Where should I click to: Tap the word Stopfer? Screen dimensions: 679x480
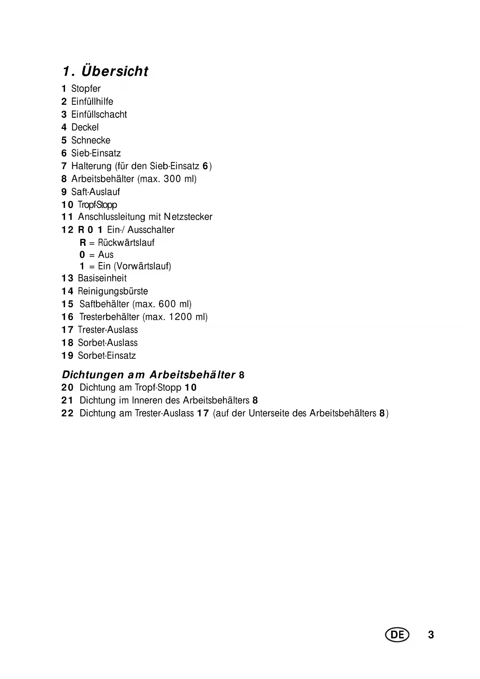[86, 89]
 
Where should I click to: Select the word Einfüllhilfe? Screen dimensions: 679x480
[92, 101]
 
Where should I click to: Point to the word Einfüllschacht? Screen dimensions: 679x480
[99, 115]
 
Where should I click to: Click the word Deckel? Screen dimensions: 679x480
[85, 127]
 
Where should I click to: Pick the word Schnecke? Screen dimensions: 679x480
[91, 140]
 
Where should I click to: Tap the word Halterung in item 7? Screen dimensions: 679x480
[91, 166]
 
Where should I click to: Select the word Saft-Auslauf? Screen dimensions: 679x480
[96, 192]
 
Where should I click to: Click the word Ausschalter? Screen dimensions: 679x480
[151, 230]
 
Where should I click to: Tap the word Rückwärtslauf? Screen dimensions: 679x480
[126, 243]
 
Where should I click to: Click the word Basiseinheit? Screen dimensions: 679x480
[102, 278]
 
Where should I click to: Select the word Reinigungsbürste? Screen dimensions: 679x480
[113, 291]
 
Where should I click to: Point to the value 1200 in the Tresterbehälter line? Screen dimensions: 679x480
[181, 317]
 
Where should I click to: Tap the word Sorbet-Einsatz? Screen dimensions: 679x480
[107, 356]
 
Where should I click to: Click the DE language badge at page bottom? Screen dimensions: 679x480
[397, 635]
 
